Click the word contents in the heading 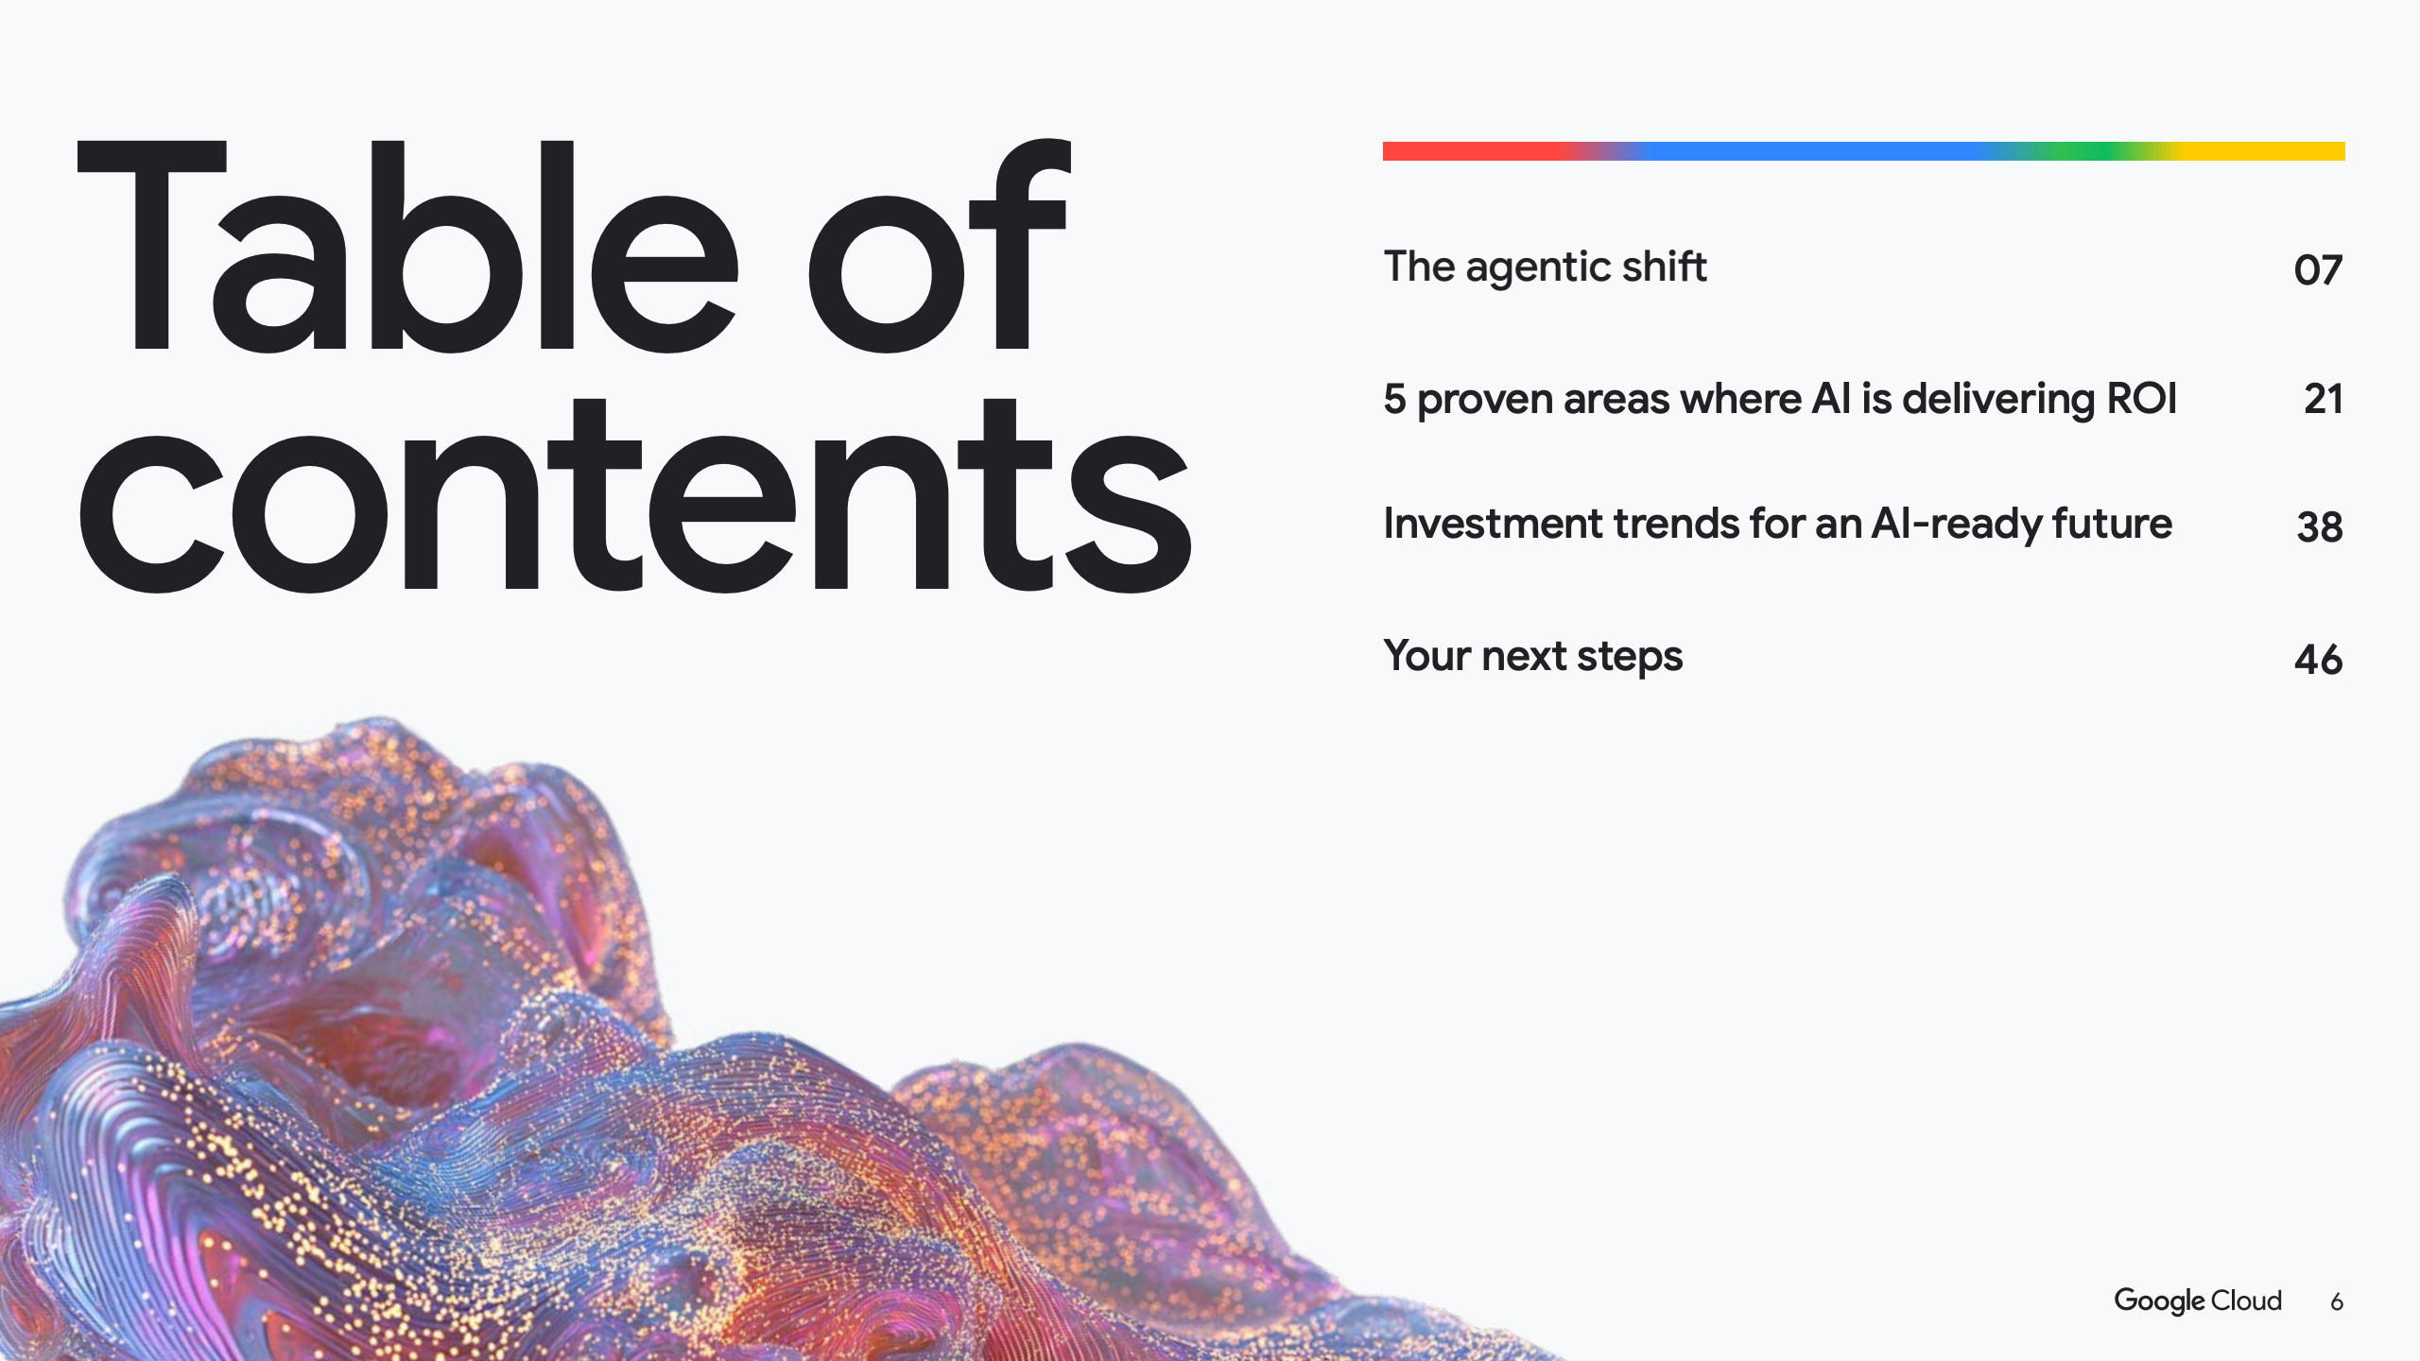tap(634, 496)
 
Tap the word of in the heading tap(939, 246)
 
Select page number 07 tap(2318, 270)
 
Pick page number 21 tap(2324, 399)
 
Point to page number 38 tap(2320, 526)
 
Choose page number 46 tap(2318, 659)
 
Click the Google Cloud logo tap(2198, 1301)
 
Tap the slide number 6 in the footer tap(2337, 1302)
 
